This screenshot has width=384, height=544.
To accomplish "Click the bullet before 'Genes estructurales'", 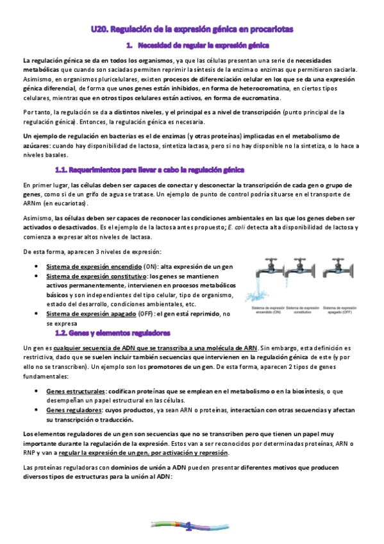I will [x=42, y=391].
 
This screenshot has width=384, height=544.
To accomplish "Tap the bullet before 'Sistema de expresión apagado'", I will [x=42, y=314].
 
